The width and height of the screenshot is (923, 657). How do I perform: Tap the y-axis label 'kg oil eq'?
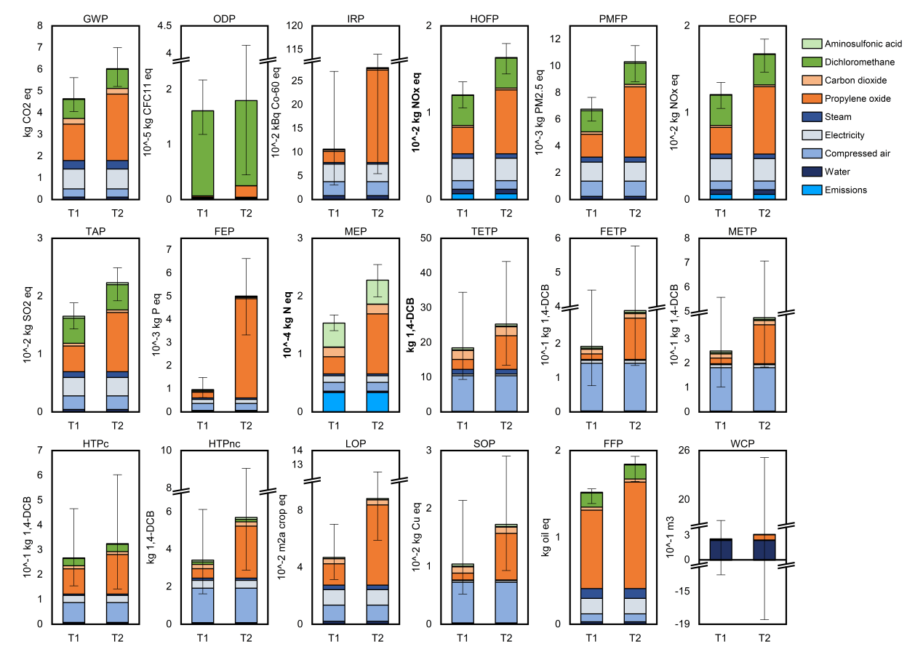pos(544,536)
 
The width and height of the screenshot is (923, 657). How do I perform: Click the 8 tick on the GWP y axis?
pos(40,26)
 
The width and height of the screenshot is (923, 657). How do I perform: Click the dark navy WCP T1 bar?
pos(720,549)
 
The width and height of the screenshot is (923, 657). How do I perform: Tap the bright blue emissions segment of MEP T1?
pos(334,402)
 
